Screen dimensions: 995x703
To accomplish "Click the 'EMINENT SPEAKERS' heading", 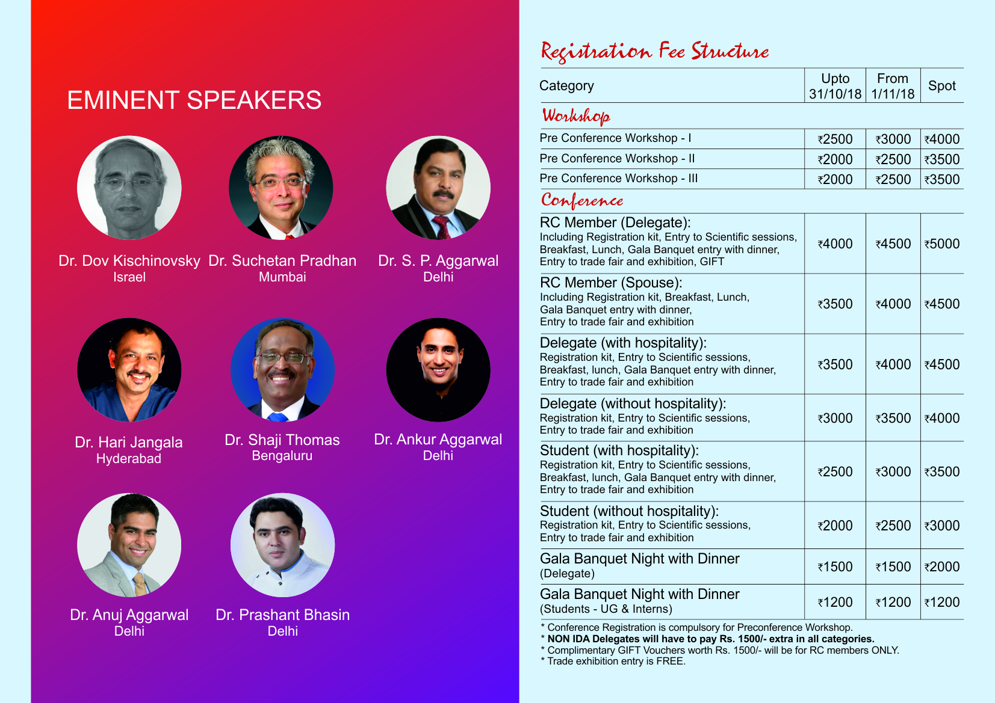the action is coord(194,100).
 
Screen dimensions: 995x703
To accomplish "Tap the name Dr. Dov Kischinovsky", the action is coord(129,260).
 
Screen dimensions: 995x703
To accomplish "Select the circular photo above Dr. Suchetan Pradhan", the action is coord(281,188).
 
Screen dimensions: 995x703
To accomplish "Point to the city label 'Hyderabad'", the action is coord(129,458).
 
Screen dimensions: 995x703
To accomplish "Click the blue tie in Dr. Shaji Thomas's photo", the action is coord(278,417).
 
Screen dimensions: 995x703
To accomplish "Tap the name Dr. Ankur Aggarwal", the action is coord(438,440).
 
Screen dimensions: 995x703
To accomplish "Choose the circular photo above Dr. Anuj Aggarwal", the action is coord(129,545).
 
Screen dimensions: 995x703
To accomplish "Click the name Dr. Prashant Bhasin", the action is coord(282,615).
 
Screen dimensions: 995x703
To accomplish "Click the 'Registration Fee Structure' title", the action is coord(655,52).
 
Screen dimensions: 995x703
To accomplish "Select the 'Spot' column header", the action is coord(941,85).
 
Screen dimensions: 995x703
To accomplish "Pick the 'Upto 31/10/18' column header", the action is coord(835,86).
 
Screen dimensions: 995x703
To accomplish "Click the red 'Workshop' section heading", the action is coord(576,116).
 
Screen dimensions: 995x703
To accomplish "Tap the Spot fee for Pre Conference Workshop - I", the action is coord(942,140).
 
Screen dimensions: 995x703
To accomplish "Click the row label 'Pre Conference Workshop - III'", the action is coord(619,179).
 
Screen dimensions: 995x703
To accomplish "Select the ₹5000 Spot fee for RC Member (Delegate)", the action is coord(942,244).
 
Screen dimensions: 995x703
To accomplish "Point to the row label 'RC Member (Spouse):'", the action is coord(611,283).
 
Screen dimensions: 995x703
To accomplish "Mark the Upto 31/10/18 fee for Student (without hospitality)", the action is coord(835,526).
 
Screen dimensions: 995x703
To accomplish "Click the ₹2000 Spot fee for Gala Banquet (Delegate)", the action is coord(942,566).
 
